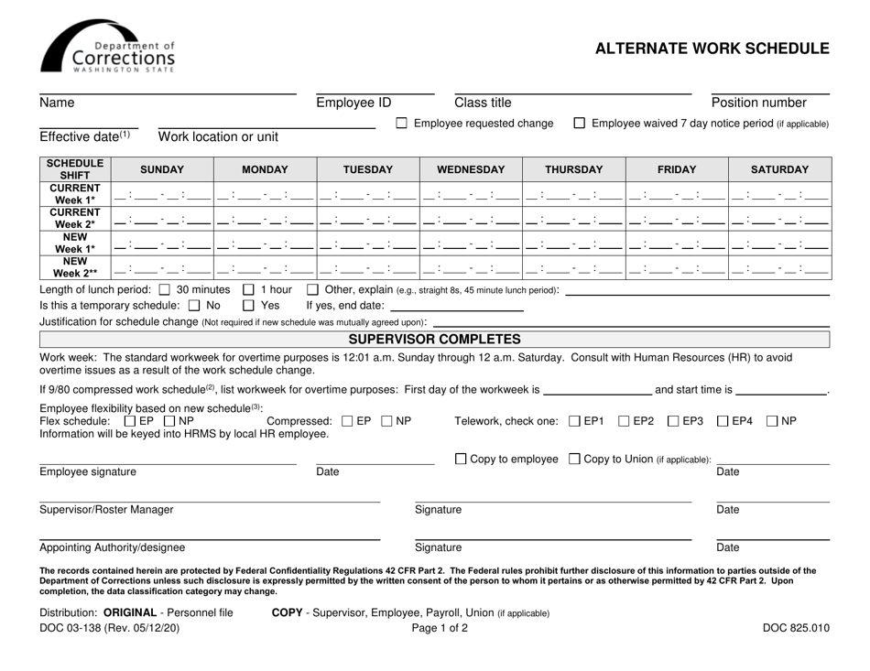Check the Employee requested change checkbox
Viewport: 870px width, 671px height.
click(x=402, y=124)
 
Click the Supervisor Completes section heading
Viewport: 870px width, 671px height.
click(x=435, y=340)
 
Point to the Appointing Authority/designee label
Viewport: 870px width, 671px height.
click(x=113, y=547)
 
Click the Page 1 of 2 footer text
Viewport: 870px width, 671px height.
click(x=435, y=628)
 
